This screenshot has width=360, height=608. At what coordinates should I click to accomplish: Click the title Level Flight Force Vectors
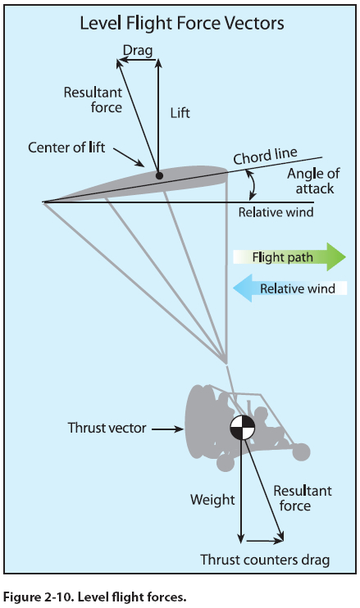pos(182,24)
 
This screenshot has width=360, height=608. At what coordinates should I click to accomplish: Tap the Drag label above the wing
pos(138,51)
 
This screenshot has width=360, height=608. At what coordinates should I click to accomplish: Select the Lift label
pos(180,113)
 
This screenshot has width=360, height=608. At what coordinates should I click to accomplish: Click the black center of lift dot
pos(159,175)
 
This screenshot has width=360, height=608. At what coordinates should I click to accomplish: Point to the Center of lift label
pos(66,147)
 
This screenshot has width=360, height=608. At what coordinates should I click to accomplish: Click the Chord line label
pos(266,156)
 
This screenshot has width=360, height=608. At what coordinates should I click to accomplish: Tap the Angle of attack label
pos(313,181)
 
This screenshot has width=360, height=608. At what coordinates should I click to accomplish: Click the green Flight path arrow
pos(289,256)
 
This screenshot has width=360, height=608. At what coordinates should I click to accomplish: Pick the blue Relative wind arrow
pos(289,288)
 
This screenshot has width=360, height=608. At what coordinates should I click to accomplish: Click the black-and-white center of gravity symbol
pos(243,428)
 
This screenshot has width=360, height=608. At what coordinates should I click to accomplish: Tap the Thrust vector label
pos(107,428)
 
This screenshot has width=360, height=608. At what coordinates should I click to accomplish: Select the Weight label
pos(212,500)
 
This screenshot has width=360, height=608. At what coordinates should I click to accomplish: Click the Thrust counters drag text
pos(265,560)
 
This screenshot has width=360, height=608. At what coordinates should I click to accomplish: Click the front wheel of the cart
pos(300,451)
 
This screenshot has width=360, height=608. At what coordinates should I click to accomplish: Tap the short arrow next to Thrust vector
pos(167,429)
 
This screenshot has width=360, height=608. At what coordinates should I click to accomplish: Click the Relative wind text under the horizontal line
pos(276,212)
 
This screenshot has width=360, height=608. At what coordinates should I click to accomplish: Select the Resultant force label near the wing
pos(93,100)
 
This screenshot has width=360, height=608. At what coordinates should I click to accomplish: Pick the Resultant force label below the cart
pos(303,498)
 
